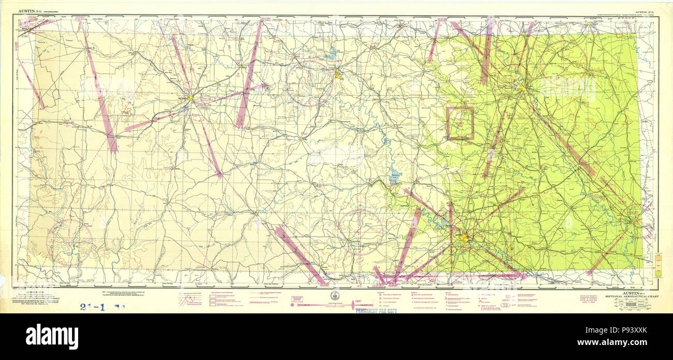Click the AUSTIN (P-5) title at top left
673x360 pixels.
[x=31, y=10]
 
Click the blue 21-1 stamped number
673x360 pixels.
[x=93, y=306]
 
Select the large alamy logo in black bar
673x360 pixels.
[x=52, y=336]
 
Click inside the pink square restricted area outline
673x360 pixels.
[x=460, y=123]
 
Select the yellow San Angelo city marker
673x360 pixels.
[x=191, y=97]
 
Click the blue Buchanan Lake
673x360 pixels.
[x=394, y=178]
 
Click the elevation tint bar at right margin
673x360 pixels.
[x=658, y=264]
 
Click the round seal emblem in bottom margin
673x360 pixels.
[x=334, y=294]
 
